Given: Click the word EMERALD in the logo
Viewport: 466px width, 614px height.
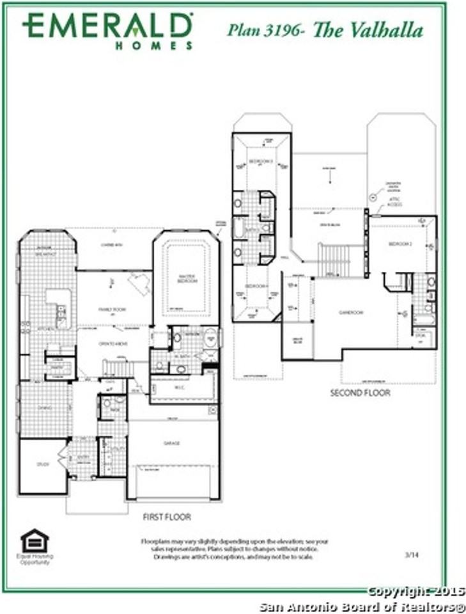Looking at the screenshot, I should point(107,26).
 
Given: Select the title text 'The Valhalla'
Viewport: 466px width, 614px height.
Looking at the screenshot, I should point(367,30).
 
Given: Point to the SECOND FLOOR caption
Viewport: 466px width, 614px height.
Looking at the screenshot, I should point(360,393).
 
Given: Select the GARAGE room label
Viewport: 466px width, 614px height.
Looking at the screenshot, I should point(171,443).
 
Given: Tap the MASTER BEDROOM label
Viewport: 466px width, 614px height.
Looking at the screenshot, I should point(187,278).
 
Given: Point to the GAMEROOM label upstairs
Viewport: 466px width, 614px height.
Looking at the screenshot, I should point(351,312).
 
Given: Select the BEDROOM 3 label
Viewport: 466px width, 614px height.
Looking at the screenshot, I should point(261,161).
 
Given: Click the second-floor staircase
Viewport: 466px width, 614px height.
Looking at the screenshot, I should point(334,260).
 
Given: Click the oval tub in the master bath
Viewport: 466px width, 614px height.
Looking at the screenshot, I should point(210,337).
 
